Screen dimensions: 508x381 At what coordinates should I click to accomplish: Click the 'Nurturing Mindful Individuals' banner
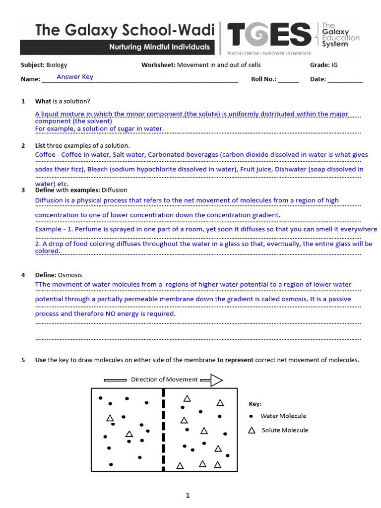[159, 48]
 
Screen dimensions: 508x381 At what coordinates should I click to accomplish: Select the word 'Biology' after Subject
[57, 65]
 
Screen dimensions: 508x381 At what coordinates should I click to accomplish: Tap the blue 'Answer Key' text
[74, 77]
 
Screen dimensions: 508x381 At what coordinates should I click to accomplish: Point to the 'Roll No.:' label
[263, 79]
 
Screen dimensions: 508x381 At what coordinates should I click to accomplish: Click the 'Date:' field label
[317, 79]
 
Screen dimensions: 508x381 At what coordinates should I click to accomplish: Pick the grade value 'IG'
[335, 65]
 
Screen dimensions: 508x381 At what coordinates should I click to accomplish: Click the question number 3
[23, 190]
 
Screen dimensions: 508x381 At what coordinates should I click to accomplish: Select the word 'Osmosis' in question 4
[70, 275]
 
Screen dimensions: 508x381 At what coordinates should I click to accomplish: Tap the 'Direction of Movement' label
[164, 380]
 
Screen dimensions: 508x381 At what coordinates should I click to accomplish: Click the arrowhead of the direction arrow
[216, 380]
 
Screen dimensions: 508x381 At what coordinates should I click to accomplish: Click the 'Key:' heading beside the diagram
[254, 404]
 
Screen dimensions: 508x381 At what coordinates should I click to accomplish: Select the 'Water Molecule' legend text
[283, 416]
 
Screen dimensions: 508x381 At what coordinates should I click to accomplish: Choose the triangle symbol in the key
[252, 430]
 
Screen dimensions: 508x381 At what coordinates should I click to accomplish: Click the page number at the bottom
[188, 495]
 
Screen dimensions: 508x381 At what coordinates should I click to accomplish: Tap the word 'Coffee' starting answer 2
[46, 155]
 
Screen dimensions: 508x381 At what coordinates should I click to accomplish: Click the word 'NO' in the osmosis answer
[111, 314]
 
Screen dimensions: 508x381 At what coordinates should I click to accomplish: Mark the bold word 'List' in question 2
[40, 146]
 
